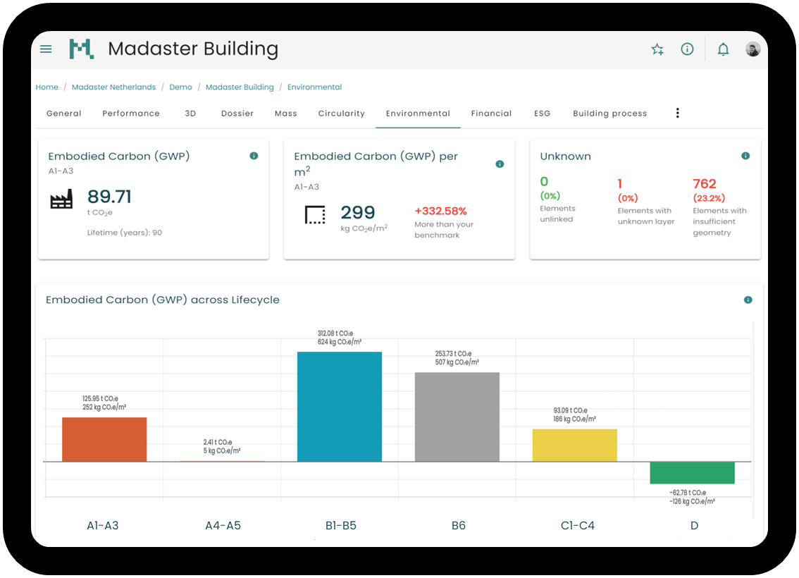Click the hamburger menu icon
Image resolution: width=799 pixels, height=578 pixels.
[x=46, y=49]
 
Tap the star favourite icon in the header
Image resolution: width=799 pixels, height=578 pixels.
[x=657, y=49]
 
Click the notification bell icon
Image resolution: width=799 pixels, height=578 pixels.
[x=723, y=49]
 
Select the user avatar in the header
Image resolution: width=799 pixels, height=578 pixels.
[x=753, y=49]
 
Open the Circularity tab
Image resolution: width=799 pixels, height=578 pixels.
[x=341, y=113]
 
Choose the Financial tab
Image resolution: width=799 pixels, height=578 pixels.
[x=491, y=113]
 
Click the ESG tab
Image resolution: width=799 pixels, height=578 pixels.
[x=542, y=113]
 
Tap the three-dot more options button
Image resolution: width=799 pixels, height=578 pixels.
[x=678, y=113]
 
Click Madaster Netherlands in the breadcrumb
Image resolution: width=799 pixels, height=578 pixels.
[x=113, y=87]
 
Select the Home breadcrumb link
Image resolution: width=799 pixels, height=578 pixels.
[x=47, y=87]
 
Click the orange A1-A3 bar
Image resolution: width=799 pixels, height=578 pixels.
[x=104, y=439]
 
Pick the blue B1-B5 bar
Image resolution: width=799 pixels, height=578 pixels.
[x=340, y=407]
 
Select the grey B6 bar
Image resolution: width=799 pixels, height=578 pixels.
[x=457, y=417]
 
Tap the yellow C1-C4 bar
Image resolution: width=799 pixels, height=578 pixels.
[x=574, y=445]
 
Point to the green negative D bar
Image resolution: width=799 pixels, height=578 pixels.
[x=692, y=472]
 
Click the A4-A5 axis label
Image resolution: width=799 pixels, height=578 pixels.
[x=223, y=525]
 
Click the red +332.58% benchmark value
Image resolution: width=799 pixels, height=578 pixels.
[x=440, y=211]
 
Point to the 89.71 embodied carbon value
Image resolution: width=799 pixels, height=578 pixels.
[x=109, y=197]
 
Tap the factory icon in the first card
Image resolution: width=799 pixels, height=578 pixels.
[x=61, y=200]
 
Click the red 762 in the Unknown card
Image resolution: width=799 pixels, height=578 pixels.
[x=705, y=184]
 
